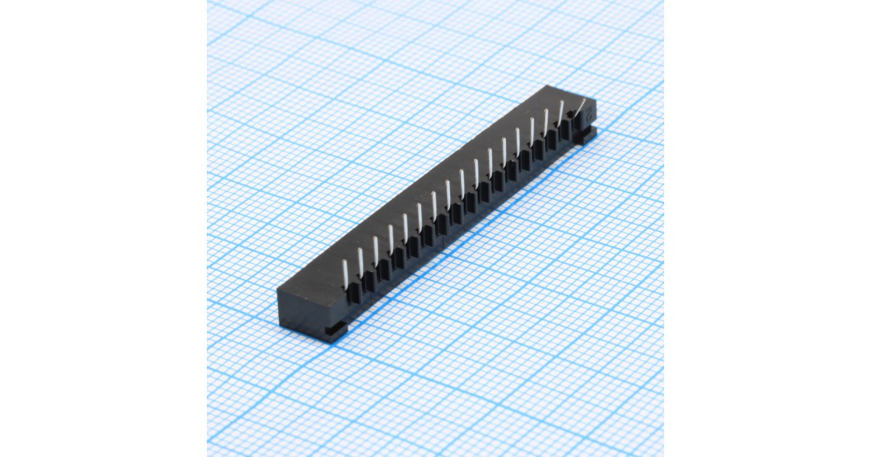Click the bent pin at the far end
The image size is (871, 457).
[581, 111]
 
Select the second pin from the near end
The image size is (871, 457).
[361, 260]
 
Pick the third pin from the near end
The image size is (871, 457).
[376, 249]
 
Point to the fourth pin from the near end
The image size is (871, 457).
[390, 239]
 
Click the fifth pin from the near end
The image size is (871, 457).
[405, 228]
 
